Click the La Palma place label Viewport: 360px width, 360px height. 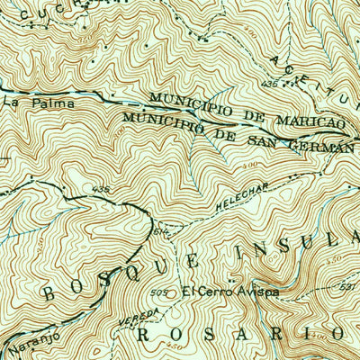[26, 103]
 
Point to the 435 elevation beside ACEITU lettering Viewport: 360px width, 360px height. [268, 83]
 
